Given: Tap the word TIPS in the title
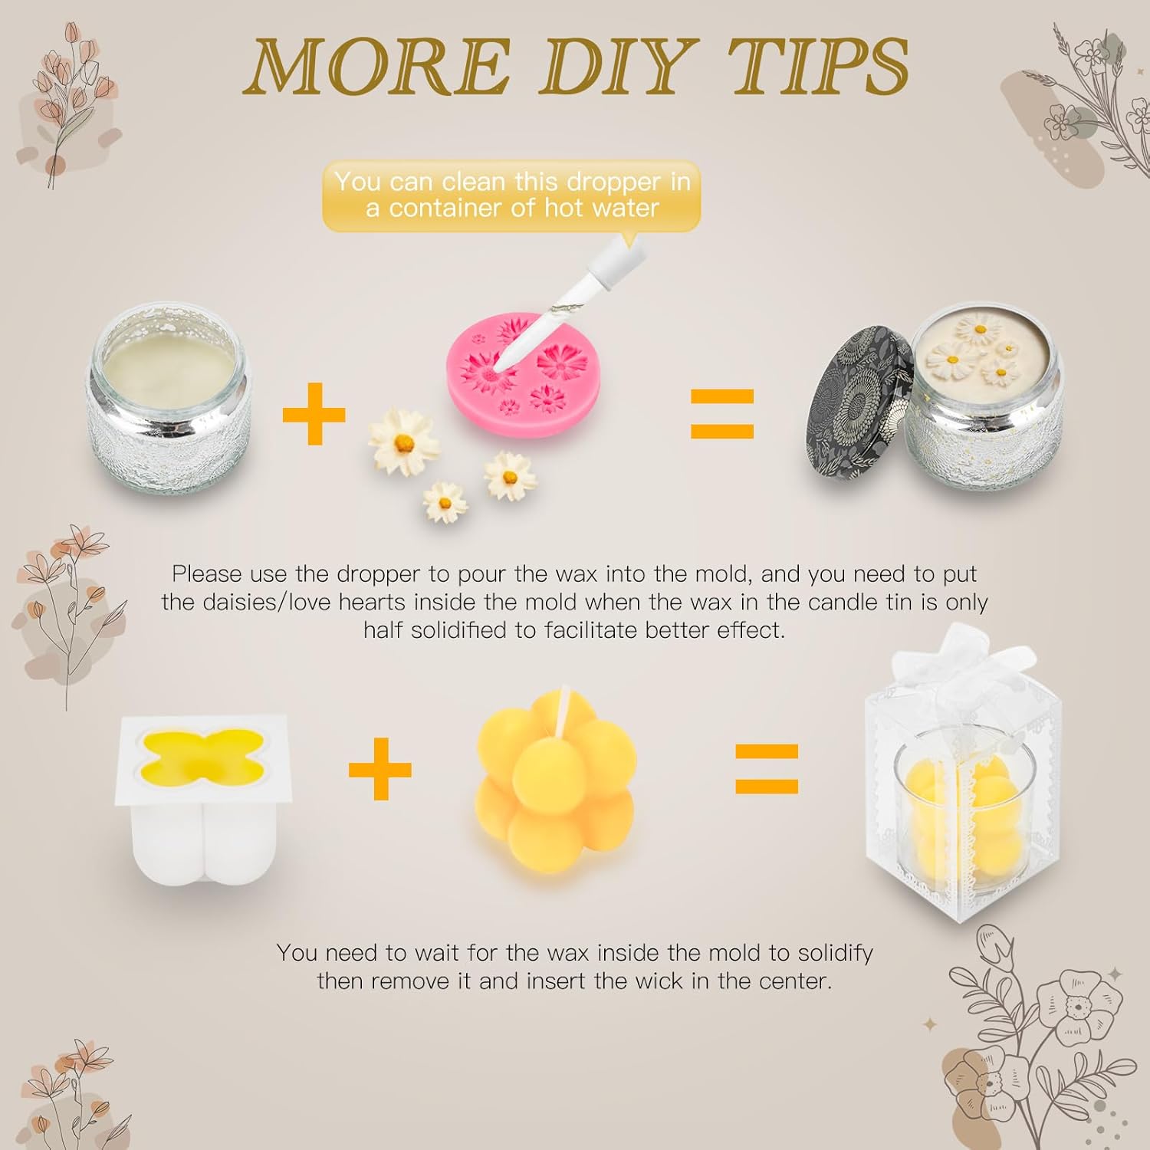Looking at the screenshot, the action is [x=819, y=67].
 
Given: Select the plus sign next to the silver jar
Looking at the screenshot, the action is [x=314, y=414].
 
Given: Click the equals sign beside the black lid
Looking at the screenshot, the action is [x=722, y=414].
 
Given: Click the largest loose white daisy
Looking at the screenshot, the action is [x=404, y=442].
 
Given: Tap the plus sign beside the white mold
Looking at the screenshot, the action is [x=380, y=769].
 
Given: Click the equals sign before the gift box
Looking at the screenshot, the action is [x=767, y=769].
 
